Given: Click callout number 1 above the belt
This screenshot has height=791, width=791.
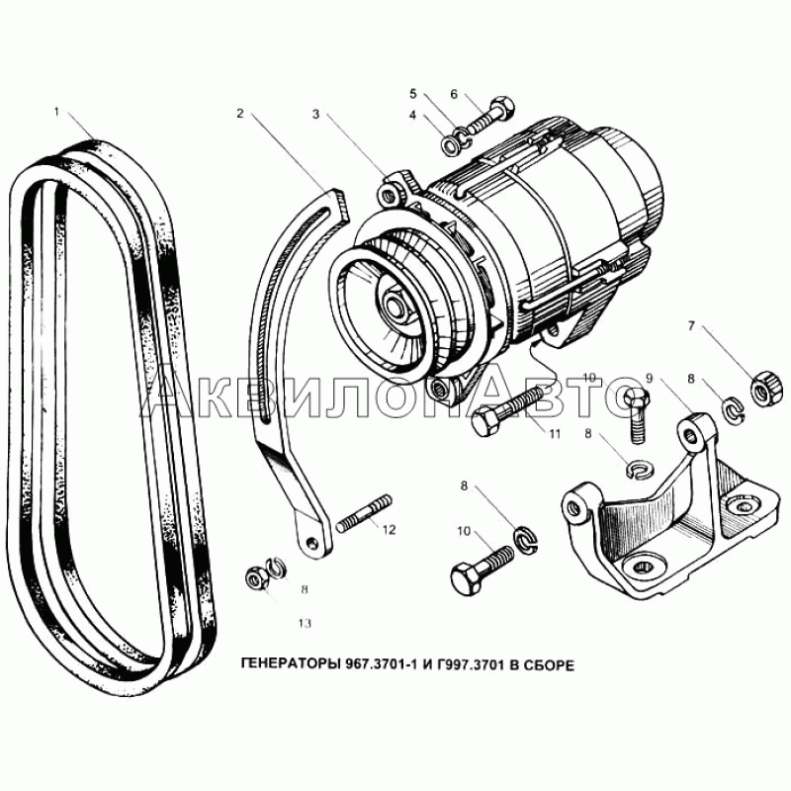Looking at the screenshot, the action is (x=57, y=112).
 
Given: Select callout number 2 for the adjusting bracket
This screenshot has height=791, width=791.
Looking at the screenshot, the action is (x=240, y=114).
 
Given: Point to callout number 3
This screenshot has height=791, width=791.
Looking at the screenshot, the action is (x=315, y=115).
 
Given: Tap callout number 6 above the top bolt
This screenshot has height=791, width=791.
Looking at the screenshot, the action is (x=454, y=94).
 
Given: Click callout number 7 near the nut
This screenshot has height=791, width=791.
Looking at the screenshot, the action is (x=691, y=326).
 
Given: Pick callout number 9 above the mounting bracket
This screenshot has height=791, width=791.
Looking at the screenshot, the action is (x=650, y=378).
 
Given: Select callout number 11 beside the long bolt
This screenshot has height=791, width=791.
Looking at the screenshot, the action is (x=555, y=434).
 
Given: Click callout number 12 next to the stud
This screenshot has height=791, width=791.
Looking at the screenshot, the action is (x=389, y=530).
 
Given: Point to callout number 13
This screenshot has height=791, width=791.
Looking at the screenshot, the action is (x=305, y=624).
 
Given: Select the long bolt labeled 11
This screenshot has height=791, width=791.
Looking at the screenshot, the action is (x=509, y=409).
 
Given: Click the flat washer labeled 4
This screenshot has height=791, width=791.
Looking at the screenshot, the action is (x=451, y=145).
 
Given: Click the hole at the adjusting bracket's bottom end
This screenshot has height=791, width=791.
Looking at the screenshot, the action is (x=311, y=542).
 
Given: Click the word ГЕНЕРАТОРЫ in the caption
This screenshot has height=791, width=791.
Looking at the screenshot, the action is (x=290, y=665).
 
